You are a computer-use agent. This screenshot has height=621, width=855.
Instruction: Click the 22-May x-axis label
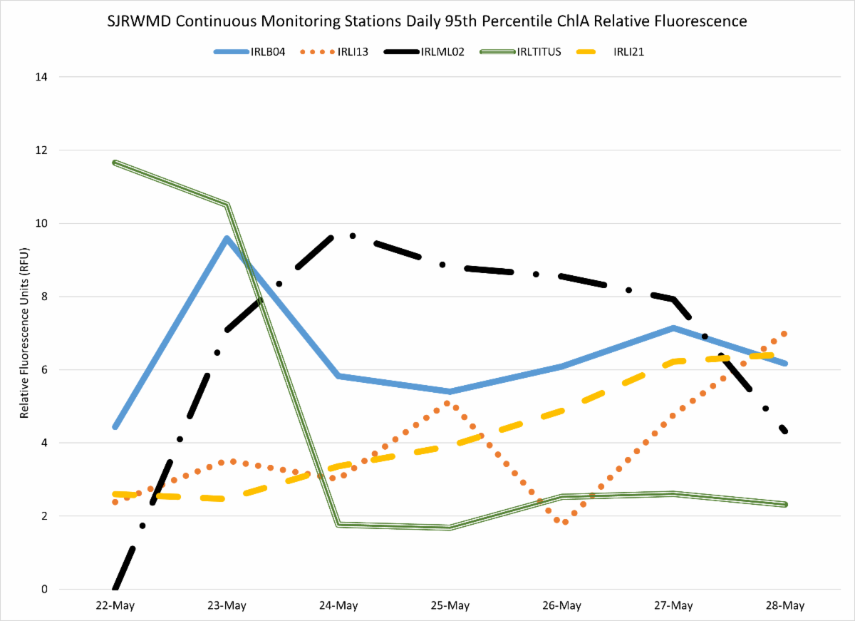pos(115,606)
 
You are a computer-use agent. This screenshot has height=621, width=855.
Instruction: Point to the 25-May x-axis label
pos(450,606)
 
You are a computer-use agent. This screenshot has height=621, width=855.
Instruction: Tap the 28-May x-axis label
pos(784,606)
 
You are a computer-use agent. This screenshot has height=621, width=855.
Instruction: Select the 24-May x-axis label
pos(338,606)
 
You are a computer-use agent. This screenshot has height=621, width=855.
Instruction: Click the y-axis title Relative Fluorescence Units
pos(24,333)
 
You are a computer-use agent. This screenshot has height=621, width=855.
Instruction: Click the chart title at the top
pos(427,21)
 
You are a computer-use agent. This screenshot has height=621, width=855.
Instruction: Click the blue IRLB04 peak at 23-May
pos(227,239)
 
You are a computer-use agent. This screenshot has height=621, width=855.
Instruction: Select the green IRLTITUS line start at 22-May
pos(115,163)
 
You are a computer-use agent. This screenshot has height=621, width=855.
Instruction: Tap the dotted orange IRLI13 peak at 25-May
pos(447,404)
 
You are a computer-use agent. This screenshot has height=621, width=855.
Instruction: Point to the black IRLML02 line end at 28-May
pos(784,431)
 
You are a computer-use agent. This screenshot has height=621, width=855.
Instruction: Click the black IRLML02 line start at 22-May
pos(115,588)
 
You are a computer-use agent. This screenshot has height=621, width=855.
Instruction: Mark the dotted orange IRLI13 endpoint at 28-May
pos(784,334)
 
